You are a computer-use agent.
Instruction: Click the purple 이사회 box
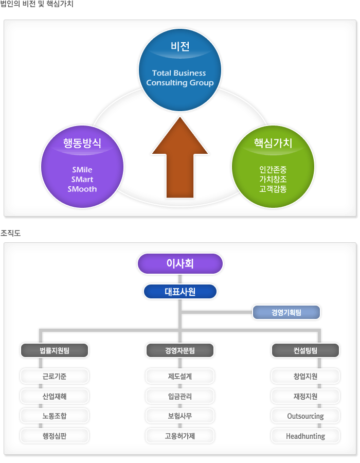tap(180, 263)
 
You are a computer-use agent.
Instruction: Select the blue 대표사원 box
tap(180, 292)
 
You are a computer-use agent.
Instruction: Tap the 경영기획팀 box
tap(286, 312)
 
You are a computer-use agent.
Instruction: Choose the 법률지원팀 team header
tap(55, 351)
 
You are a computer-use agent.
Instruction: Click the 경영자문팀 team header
tap(180, 351)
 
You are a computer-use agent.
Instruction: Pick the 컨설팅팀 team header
tap(305, 351)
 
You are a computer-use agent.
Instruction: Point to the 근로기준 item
tap(55, 377)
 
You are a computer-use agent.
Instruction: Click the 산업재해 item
tap(55, 396)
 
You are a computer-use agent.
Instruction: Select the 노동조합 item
tap(55, 416)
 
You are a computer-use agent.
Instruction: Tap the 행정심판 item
tap(55, 436)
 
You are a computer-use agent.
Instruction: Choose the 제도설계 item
tap(180, 377)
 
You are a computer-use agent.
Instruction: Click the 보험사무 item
tap(180, 416)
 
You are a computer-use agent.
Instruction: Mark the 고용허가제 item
tap(180, 436)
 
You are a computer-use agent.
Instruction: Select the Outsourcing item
tap(305, 416)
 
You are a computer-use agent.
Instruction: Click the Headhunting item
tap(305, 436)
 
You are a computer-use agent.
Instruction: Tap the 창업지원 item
tap(305, 377)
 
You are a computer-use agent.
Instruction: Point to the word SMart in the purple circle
tap(82, 179)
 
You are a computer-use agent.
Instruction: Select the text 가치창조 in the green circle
tap(273, 179)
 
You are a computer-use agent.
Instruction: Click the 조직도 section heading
tap(10, 233)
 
